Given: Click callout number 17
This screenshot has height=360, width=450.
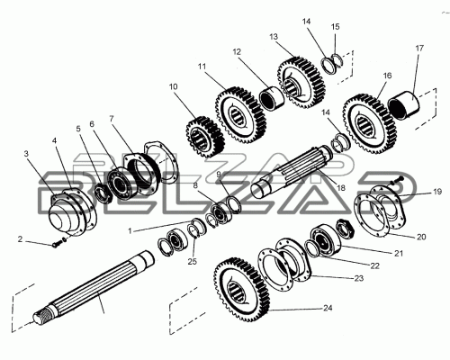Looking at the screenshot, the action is click(419, 48).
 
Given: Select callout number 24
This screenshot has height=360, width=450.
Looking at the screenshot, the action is click(328, 308).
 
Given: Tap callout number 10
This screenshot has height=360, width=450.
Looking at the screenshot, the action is click(173, 86).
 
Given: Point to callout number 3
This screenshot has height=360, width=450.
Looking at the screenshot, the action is click(26, 154).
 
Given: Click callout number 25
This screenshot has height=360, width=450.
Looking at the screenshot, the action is click(193, 261).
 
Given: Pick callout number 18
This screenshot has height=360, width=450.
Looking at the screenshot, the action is click(341, 188).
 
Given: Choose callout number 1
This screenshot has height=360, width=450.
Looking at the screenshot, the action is click(130, 231).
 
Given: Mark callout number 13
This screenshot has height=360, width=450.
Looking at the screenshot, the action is click(274, 37).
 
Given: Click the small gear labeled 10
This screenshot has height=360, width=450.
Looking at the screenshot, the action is click(205, 137).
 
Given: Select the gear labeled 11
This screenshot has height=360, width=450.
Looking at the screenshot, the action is click(240, 115).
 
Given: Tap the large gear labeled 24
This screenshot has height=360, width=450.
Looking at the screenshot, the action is click(242, 290).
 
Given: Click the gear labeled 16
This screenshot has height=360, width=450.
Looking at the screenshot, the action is click(370, 123).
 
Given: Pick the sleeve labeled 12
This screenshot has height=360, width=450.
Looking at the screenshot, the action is click(272, 98).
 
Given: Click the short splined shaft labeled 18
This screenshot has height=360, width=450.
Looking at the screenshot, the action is click(292, 172).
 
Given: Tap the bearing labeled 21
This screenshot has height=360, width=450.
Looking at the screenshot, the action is click(326, 238).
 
